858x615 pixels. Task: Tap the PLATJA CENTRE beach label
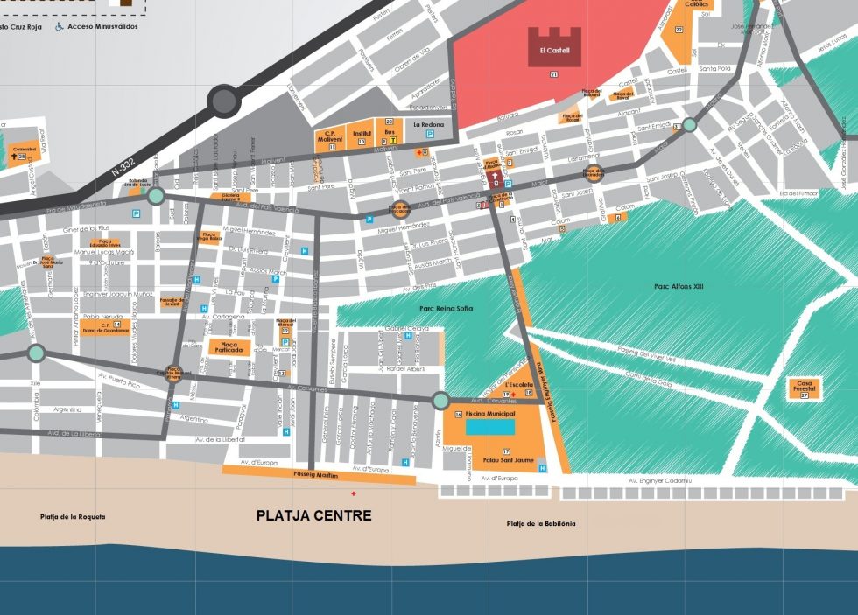313,516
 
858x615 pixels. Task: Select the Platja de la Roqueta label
73,517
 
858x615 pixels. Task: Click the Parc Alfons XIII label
679,287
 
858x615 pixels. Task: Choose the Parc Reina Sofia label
440,308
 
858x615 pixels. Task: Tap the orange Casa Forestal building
804,388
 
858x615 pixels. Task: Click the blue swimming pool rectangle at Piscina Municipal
491,427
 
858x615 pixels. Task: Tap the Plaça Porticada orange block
229,347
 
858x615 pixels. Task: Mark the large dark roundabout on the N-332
223,102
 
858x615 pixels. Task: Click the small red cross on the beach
354,494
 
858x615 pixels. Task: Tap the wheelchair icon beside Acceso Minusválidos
60,27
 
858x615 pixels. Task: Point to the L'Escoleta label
518,384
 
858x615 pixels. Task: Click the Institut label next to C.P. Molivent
362,135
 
